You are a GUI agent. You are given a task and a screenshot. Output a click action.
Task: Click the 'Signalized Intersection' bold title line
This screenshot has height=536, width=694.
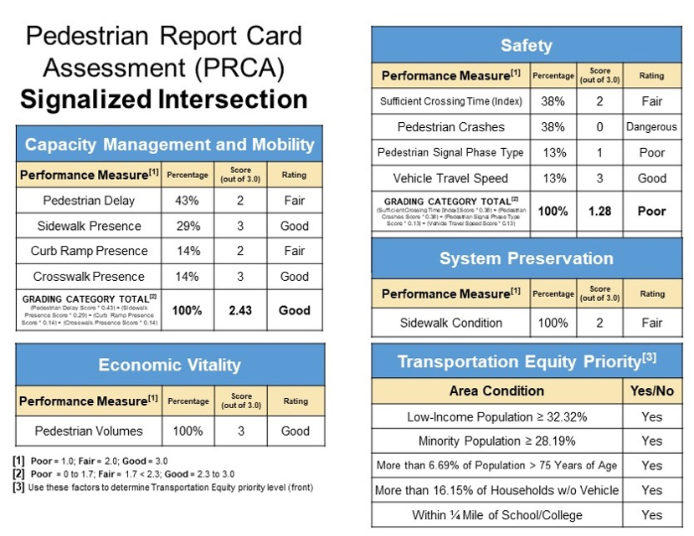point(164,100)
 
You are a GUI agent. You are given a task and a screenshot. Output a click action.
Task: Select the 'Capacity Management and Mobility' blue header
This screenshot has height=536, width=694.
point(169,144)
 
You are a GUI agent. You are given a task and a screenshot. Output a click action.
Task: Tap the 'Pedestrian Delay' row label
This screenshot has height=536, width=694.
point(89,201)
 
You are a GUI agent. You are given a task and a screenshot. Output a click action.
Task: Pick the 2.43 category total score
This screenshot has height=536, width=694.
point(240,310)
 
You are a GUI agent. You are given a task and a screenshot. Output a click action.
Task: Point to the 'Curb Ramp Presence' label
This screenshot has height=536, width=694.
point(89,251)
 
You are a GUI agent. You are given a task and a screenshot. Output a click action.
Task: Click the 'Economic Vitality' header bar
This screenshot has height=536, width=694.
point(169,365)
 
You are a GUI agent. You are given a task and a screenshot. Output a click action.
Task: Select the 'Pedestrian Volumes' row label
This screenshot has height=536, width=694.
point(89,431)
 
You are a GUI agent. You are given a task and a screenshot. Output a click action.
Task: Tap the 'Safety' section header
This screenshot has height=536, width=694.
point(526,46)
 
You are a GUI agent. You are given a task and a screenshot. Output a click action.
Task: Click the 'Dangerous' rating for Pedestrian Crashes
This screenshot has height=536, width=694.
point(651,127)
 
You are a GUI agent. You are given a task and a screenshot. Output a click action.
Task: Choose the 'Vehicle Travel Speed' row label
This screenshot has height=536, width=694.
point(450,178)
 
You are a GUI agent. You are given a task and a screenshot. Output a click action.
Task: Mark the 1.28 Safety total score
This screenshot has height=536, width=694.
point(599,212)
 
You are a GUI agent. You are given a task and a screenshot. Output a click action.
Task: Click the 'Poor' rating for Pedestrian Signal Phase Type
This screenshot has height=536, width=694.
point(651,153)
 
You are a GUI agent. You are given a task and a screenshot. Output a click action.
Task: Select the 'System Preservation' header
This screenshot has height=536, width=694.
point(526,258)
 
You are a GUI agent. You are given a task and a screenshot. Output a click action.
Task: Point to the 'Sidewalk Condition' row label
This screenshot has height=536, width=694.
point(450,323)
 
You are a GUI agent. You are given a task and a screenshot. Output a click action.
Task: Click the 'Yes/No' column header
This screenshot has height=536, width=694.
point(651,391)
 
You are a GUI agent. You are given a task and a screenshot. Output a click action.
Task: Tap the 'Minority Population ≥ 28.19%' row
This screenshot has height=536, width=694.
point(497,441)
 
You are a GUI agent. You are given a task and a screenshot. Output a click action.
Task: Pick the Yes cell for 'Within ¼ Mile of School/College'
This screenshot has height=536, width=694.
point(651,515)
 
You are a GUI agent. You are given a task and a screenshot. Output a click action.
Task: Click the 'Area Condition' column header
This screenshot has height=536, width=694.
point(496,391)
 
